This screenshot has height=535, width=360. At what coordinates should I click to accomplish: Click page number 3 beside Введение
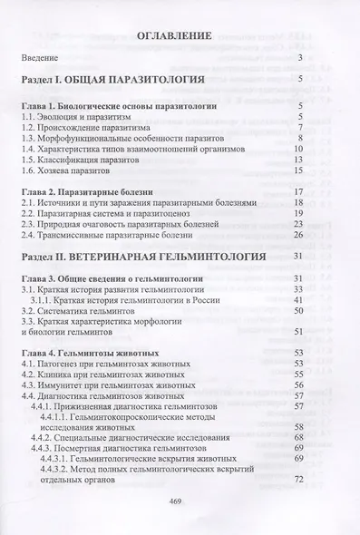299,57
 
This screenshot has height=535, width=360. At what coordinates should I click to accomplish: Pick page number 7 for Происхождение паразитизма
299,131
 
